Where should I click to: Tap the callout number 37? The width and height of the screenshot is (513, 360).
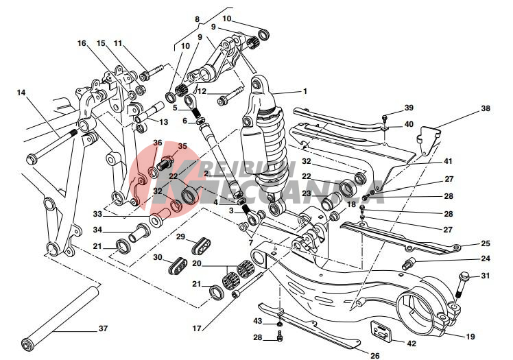coord(103,328)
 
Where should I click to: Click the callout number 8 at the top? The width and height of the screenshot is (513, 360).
coord(198,20)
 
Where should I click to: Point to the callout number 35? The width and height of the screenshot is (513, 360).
coord(182,146)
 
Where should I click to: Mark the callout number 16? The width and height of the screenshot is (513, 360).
coord(82,43)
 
